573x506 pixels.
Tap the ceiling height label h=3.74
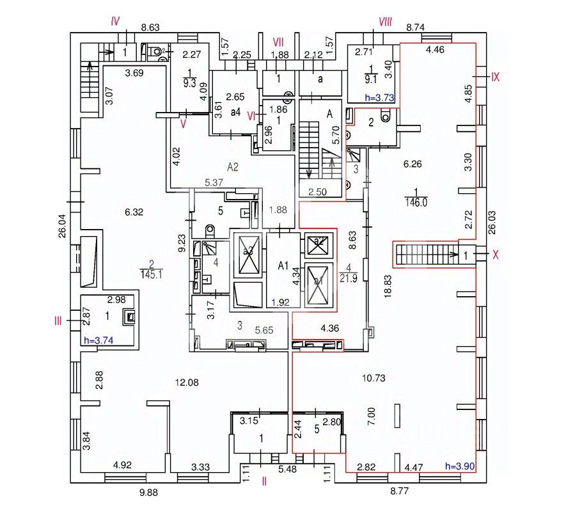coord(100,340)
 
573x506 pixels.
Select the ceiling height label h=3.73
coord(379,97)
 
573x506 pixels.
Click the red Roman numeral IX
coord(494,77)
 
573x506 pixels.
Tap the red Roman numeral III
coord(58,320)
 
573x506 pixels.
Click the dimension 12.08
coord(186,382)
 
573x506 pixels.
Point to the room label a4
coord(235,113)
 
